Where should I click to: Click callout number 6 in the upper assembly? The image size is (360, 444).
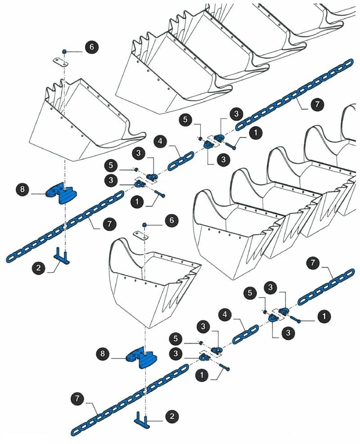coord(92,47)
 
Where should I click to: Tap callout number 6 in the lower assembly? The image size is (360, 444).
coord(171,220)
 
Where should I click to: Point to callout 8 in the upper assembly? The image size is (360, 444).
coord(23,189)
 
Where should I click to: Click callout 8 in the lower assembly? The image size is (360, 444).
coord(103,354)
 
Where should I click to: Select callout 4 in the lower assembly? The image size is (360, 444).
coord(226,313)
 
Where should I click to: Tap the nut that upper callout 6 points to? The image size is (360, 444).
coord(64,52)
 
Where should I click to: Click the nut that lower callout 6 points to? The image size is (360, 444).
coord(144,224)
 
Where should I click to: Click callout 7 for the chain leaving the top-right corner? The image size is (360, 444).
coord(317,105)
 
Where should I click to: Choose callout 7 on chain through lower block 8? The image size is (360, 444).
coord(78,398)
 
